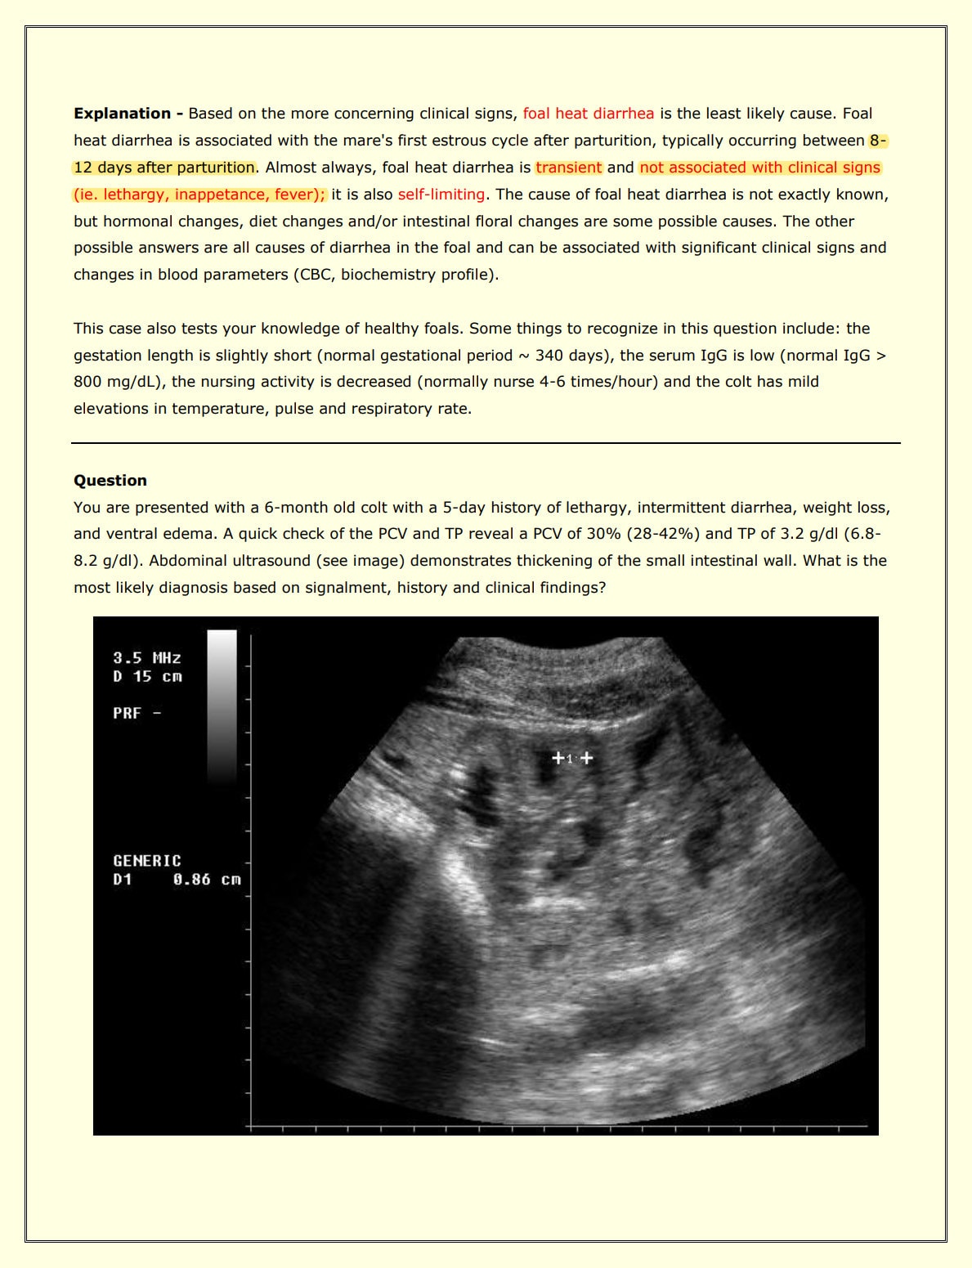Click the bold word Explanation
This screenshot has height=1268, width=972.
[x=122, y=114]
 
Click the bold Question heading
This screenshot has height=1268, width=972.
[x=110, y=481]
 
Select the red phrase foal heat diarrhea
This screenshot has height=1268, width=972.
[x=588, y=114]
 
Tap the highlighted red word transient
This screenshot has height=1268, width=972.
[x=568, y=168]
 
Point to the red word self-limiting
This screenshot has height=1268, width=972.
[x=441, y=195]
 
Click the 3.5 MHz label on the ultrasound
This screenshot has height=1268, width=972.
[x=147, y=658]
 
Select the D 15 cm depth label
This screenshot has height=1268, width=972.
[x=147, y=677]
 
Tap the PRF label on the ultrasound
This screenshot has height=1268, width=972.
[x=128, y=713]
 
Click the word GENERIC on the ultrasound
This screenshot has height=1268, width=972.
[x=147, y=861]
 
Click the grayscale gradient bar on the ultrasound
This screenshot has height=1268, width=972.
[x=222, y=703]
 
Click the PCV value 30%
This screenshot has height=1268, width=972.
[x=583, y=535]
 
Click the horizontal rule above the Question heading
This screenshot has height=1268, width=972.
[x=486, y=443]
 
